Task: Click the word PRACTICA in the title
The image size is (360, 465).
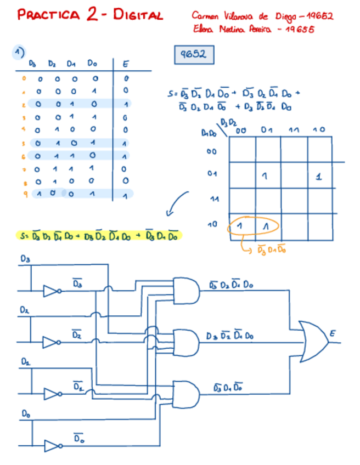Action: (x=49, y=15)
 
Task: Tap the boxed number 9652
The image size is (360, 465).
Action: (x=193, y=55)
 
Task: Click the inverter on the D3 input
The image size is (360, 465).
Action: (x=51, y=290)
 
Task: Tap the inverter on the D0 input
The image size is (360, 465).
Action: (x=51, y=445)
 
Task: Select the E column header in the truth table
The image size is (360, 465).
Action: (x=126, y=65)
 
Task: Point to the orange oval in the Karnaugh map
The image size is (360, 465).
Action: (x=254, y=226)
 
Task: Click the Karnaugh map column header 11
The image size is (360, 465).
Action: (x=294, y=129)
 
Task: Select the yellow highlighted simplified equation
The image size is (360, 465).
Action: (x=99, y=236)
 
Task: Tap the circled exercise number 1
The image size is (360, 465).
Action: (x=19, y=53)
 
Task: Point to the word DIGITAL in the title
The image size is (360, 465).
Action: (x=138, y=15)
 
